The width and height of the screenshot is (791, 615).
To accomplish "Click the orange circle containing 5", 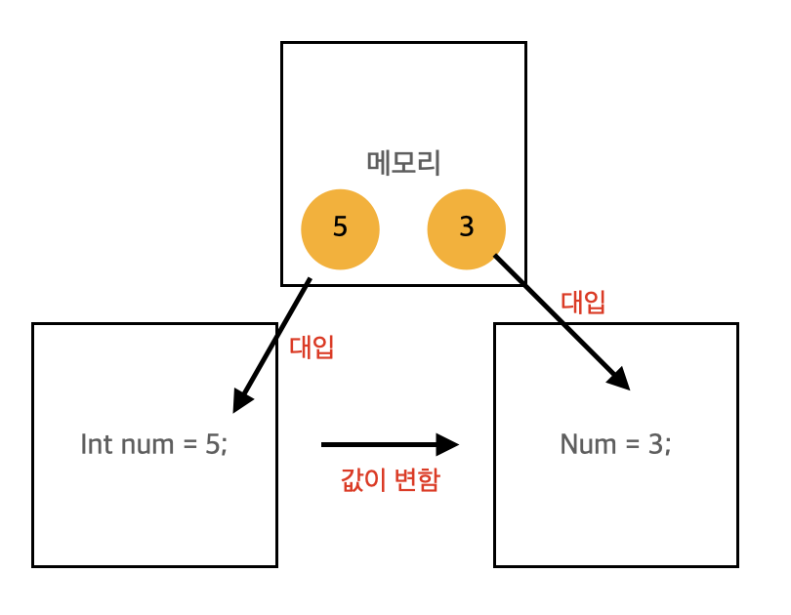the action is (340, 229).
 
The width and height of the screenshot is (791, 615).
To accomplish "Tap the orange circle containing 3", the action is (466, 229).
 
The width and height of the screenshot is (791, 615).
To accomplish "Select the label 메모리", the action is (403, 162).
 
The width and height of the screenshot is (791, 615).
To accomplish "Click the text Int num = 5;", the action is (154, 445).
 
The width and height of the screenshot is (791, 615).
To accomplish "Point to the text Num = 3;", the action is (615, 445).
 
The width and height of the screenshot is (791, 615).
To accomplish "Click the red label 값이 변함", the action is (390, 480).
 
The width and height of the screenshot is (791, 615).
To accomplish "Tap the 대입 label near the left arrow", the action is (312, 348).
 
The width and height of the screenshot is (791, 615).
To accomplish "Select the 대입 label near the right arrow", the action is (583, 302).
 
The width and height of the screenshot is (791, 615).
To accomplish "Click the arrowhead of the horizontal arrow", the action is (448, 445).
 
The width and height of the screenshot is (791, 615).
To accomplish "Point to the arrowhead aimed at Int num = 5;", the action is (241, 399).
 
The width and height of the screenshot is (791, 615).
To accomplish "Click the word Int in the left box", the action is (96, 445).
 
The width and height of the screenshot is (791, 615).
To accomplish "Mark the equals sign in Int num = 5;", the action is (191, 446).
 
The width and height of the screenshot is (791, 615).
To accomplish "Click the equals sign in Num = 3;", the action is (633, 446).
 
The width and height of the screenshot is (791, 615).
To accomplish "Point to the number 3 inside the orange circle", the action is (466, 227).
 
